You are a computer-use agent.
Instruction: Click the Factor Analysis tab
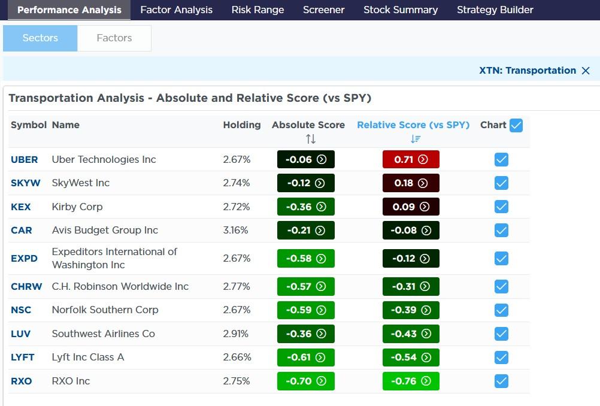176,10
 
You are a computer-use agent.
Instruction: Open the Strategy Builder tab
495,10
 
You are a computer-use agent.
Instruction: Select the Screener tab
323,10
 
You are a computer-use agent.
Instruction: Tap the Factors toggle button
114,38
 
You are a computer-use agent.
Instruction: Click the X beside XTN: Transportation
586,71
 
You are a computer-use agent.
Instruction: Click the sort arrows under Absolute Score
310,139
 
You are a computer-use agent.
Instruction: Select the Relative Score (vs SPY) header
413,125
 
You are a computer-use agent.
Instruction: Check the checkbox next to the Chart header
516,125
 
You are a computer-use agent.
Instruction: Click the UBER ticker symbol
24,159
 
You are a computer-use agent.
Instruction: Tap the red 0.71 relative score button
411,159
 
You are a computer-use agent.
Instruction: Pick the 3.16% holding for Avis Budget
235,230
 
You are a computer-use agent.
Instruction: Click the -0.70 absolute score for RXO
305,381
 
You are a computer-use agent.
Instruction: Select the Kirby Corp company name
77,207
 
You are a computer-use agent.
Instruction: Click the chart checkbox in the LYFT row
501,357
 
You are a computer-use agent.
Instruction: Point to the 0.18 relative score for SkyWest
411,183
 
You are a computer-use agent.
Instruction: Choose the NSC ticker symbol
21,310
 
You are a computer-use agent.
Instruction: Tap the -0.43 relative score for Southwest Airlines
411,334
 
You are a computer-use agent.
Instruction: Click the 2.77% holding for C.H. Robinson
237,286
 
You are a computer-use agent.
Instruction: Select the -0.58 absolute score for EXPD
305,258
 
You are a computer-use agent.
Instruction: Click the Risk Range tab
257,10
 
